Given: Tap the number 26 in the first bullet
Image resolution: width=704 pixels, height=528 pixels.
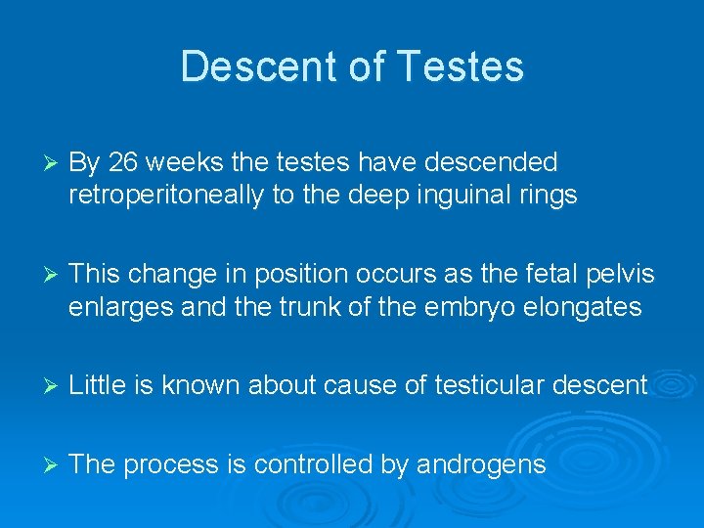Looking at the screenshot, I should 122,161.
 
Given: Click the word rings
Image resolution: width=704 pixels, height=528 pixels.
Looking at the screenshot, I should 550,196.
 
